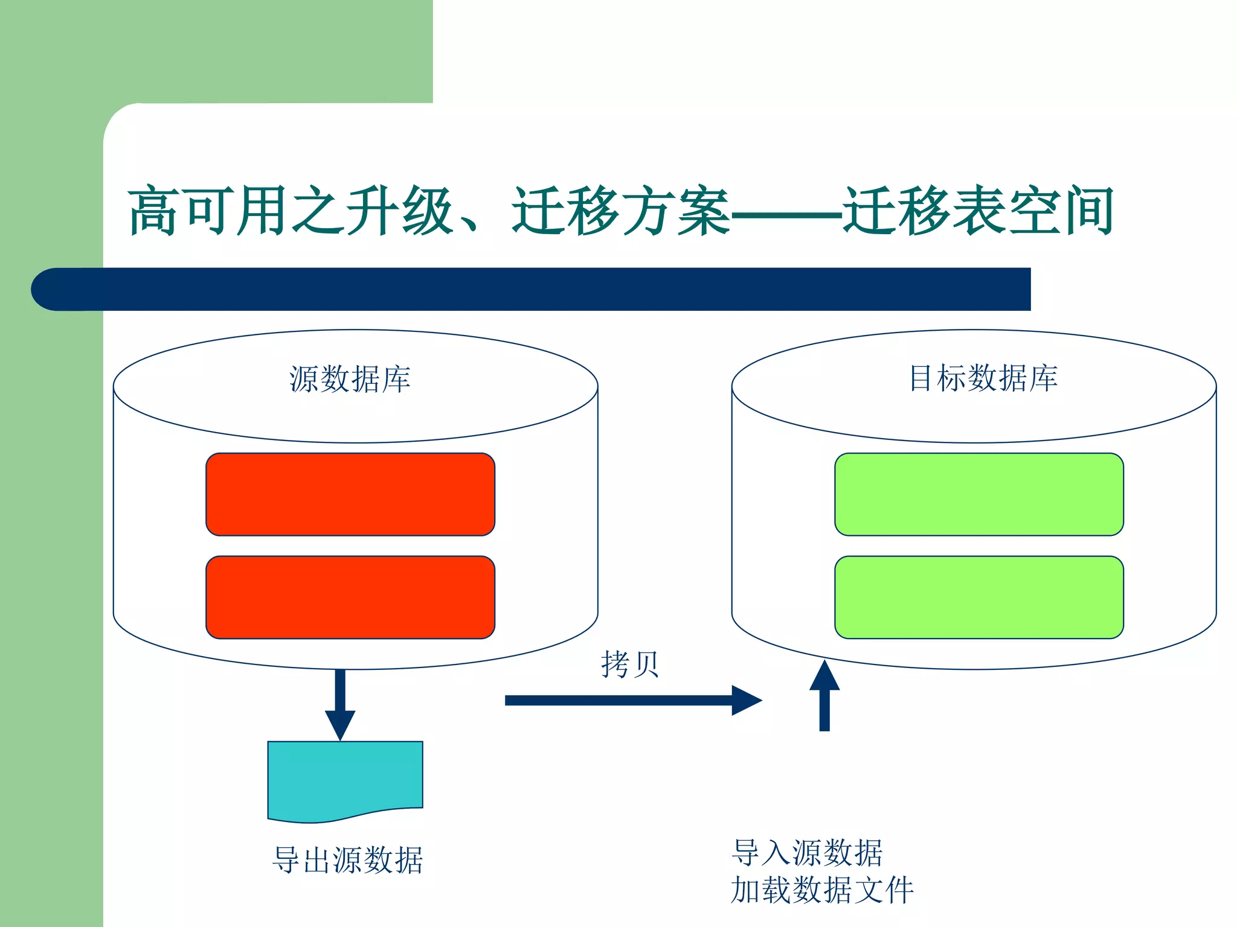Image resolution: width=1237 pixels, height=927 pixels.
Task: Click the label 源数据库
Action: [x=350, y=380]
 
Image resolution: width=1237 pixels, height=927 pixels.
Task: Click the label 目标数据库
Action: [x=983, y=378]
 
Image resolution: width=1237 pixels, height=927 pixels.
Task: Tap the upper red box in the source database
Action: [x=350, y=494]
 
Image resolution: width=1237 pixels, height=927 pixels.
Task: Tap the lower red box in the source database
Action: [x=350, y=597]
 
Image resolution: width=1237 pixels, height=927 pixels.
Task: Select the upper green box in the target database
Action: [x=979, y=494]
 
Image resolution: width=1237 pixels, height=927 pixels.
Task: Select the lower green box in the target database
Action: [x=979, y=597]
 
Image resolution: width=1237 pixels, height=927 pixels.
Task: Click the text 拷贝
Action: [x=629, y=664]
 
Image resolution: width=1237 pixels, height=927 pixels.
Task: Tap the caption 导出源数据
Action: [x=347, y=860]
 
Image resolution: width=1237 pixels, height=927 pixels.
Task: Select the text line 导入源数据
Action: [x=807, y=853]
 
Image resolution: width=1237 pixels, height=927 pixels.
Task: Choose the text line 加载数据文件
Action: [x=822, y=890]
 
